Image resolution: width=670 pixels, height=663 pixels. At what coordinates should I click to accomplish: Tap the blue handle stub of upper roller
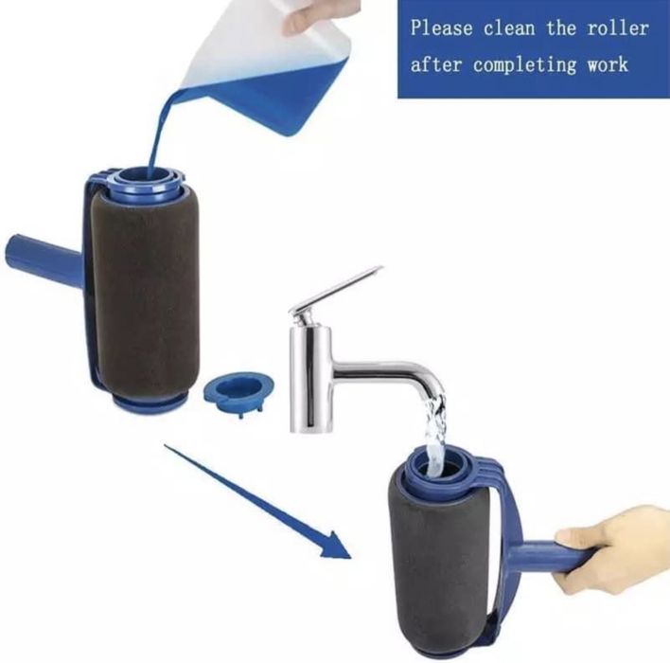tap(43, 256)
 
